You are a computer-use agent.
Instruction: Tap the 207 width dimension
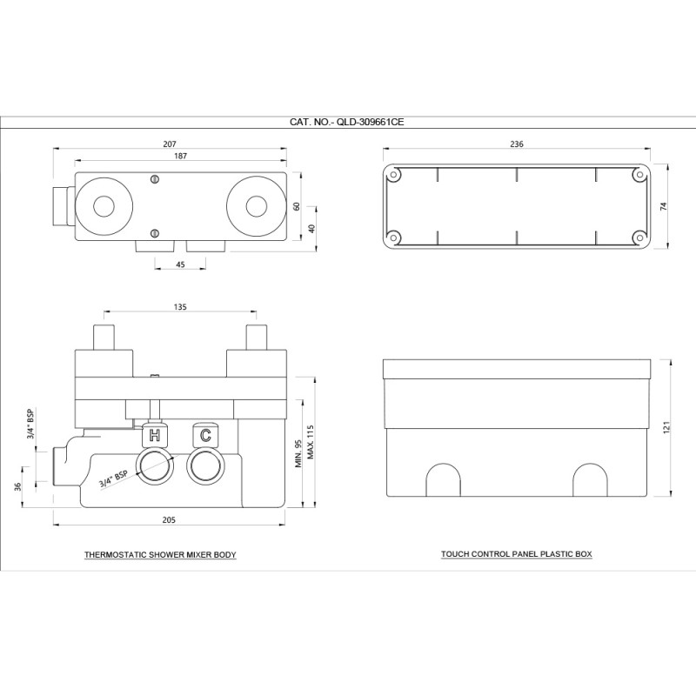170,144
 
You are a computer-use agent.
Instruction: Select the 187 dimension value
181,156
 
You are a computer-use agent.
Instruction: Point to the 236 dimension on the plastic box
517,144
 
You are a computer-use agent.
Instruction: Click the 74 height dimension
664,206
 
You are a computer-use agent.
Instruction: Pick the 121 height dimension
666,427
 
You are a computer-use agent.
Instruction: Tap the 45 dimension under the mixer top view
180,264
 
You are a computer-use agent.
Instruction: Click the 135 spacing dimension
180,307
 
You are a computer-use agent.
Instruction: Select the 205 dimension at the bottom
169,519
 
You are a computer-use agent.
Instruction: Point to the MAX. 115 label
311,442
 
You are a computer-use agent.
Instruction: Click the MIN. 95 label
298,453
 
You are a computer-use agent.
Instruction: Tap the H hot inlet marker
155,436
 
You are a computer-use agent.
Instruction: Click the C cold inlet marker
205,436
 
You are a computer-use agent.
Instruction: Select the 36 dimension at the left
17,486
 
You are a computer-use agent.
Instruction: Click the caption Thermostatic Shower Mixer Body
160,555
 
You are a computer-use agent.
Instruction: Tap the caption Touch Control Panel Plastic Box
517,554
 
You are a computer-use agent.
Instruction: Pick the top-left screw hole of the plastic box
393,175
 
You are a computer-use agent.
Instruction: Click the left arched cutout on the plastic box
443,480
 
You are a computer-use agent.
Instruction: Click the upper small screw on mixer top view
155,179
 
